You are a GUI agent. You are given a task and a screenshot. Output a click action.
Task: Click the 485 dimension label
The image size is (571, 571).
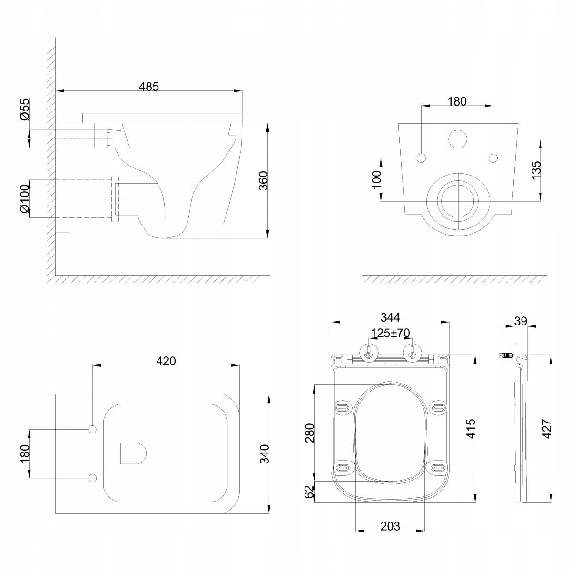pos(149,86)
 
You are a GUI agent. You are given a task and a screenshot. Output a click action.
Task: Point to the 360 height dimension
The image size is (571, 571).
pos(263,181)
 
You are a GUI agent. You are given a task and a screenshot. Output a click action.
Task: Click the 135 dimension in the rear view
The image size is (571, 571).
pos(536,170)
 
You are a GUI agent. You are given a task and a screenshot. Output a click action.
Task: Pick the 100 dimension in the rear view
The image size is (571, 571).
pos(376,179)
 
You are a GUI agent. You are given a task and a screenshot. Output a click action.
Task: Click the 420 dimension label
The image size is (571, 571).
pos(166,361)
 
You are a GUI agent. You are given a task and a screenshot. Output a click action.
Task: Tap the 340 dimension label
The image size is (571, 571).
pos(264,453)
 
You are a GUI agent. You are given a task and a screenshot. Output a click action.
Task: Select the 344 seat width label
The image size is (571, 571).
pos(390,317)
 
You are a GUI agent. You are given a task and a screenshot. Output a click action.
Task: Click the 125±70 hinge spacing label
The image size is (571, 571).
pos(391,333)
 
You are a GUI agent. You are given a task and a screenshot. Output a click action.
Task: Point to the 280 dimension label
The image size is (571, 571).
pos(310,433)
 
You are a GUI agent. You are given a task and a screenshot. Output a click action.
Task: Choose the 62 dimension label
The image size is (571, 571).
pos(310,492)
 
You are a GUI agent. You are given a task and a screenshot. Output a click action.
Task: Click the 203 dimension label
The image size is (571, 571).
pos(390,526)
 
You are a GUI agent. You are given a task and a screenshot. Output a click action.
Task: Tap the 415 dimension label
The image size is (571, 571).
pos(471,428)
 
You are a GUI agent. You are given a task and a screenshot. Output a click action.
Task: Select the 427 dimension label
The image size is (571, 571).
pos(547,428)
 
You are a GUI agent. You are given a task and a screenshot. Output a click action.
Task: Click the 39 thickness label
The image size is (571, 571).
pos(521,321)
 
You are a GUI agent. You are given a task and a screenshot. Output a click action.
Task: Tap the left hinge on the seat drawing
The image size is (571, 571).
pos(368,352)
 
